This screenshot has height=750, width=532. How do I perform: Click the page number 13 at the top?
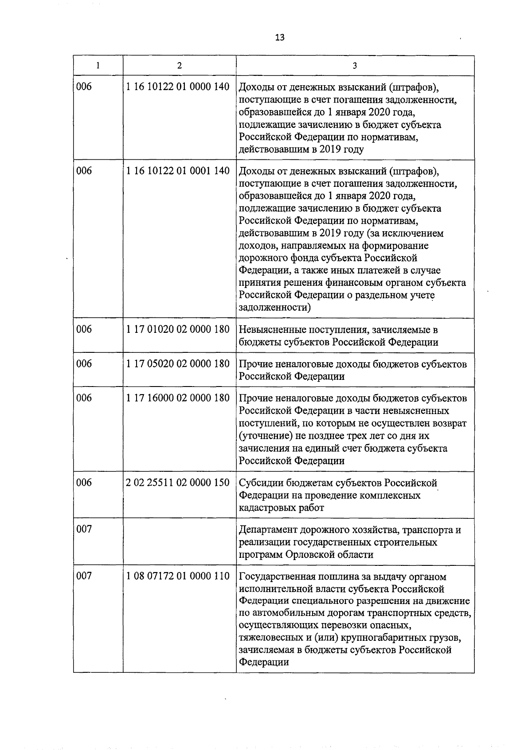[279, 37]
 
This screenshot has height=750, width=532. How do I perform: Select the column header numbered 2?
[179, 66]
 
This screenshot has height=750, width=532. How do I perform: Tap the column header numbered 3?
[355, 66]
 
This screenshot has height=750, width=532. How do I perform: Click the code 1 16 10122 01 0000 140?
[178, 87]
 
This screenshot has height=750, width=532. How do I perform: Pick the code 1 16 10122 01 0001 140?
[178, 171]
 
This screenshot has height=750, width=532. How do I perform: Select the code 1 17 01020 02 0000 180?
[178, 329]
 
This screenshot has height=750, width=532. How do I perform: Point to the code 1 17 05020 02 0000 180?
[178, 364]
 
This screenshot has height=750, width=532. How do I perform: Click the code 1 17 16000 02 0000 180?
[178, 398]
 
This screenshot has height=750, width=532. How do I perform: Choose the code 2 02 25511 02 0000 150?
[178, 482]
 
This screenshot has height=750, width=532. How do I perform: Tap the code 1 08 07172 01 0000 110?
[178, 576]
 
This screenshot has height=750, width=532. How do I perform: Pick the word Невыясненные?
[271, 330]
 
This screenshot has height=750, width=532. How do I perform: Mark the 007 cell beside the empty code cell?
[84, 529]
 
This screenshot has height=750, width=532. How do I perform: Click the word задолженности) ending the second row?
[275, 308]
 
